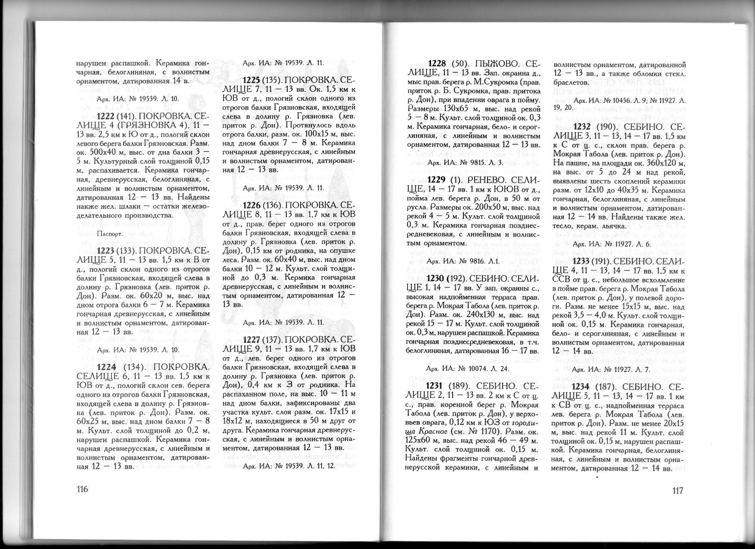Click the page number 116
[x=82, y=490]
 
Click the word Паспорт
[x=111, y=234]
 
